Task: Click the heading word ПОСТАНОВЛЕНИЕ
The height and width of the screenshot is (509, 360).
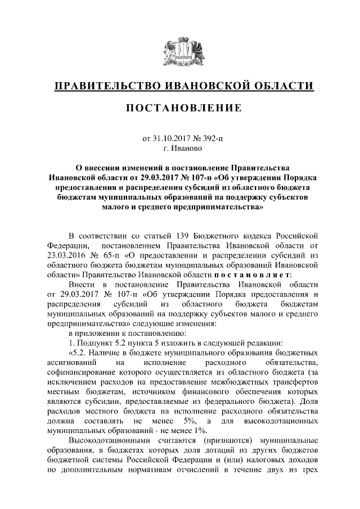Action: (x=180, y=107)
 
